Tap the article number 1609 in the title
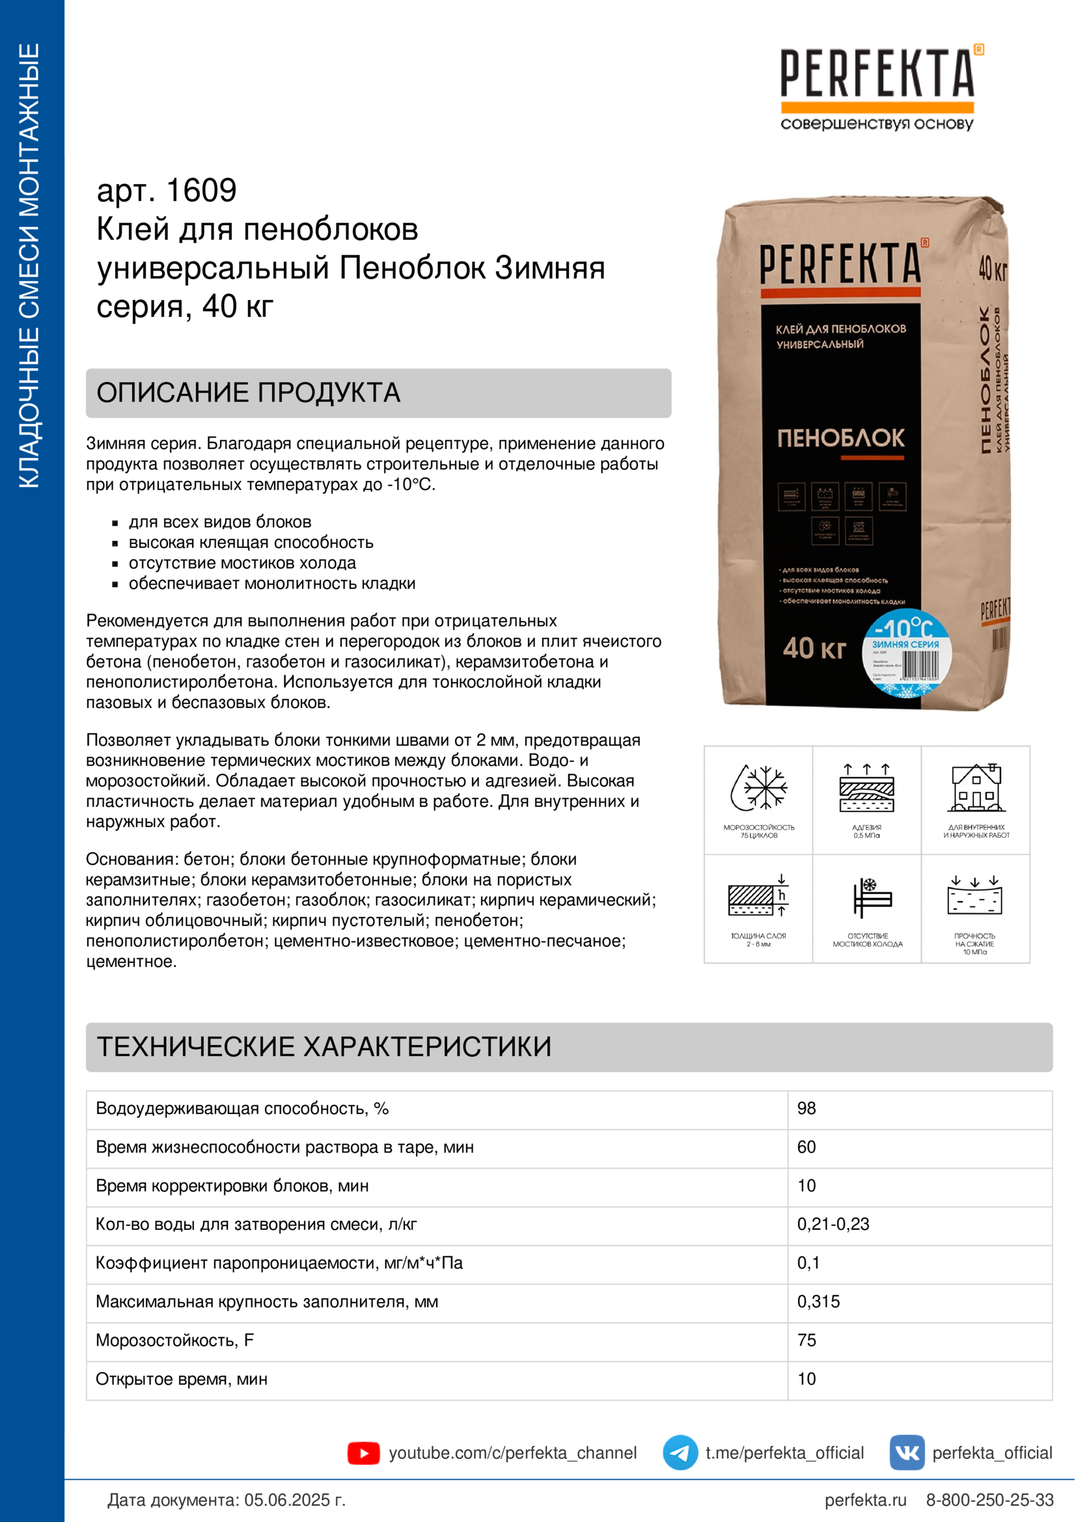click(x=201, y=191)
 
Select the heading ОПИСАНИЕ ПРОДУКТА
click(x=248, y=392)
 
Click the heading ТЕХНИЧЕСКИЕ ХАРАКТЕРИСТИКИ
click(x=324, y=1047)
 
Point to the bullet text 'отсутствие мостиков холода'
click(x=242, y=563)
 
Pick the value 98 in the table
click(x=806, y=1108)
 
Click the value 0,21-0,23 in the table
click(x=833, y=1224)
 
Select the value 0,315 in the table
click(x=818, y=1301)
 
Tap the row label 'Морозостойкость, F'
click(x=174, y=1340)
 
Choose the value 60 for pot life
click(x=806, y=1147)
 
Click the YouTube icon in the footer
click(x=363, y=1453)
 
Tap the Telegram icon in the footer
click(x=680, y=1452)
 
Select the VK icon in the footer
click(x=906, y=1452)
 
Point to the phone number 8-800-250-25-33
click(x=989, y=1500)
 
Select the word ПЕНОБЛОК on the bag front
click(x=840, y=438)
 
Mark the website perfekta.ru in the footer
click(x=865, y=1500)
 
